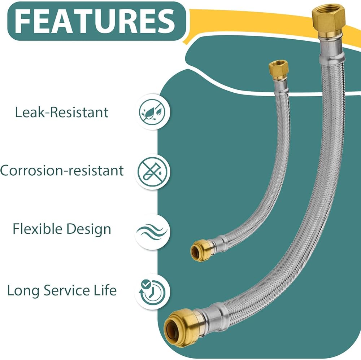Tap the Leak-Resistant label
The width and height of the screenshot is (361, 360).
pyautogui.click(x=62, y=112)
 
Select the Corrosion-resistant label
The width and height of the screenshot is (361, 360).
pyautogui.click(x=62, y=171)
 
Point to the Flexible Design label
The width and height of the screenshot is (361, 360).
pyautogui.click(x=62, y=229)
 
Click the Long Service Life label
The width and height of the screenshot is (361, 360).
pyautogui.click(x=62, y=290)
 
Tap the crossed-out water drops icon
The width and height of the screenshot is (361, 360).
pyautogui.click(x=152, y=112)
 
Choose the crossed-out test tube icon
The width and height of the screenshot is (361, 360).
pyautogui.click(x=152, y=171)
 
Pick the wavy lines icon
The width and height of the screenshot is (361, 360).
pyautogui.click(x=152, y=232)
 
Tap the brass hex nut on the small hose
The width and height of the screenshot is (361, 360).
pyautogui.click(x=279, y=70)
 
